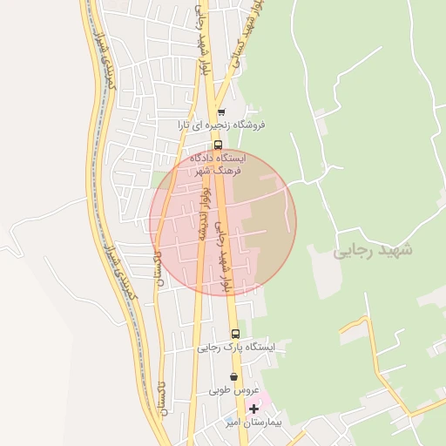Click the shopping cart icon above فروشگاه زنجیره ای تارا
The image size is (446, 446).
click(221, 111)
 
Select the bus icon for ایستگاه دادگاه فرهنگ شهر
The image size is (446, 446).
click(218, 145)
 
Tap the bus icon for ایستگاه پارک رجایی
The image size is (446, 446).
click(234, 334)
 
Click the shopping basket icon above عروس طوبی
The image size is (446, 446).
click(233, 377)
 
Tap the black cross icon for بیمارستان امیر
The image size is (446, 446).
click(253, 409)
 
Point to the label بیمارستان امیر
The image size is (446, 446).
click(243, 422)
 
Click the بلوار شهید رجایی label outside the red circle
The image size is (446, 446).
click(202, 39)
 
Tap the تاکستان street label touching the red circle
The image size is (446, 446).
click(158, 270)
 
